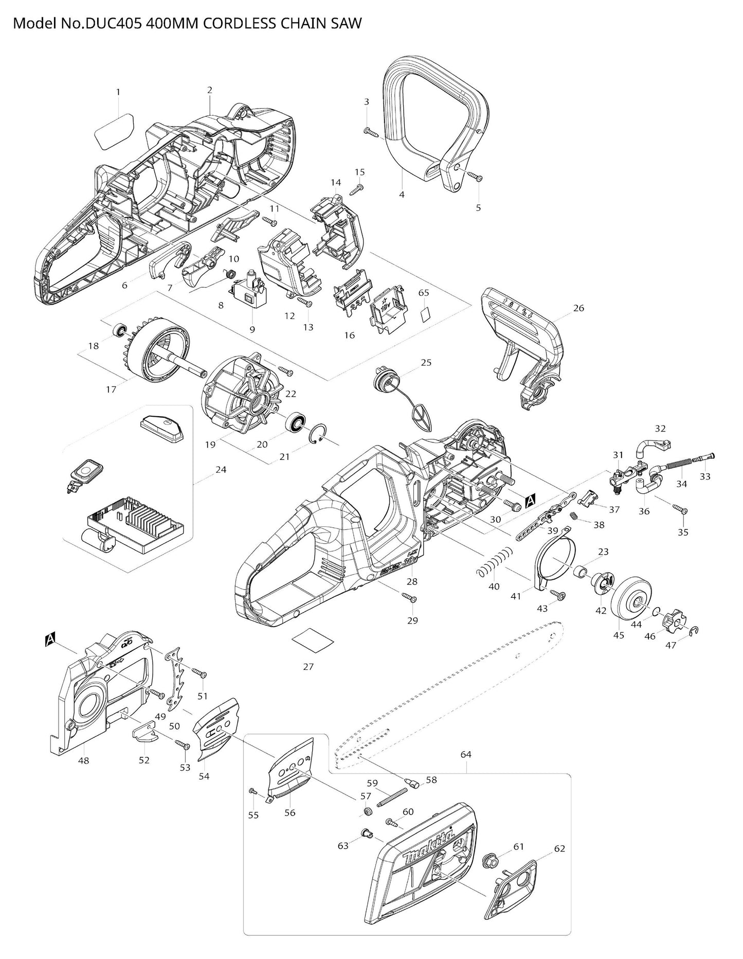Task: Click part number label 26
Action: [579, 308]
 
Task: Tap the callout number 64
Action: [466, 754]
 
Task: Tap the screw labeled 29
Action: [409, 598]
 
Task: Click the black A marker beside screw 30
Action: [531, 499]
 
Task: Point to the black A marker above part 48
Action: [50, 640]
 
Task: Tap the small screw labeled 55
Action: [252, 790]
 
